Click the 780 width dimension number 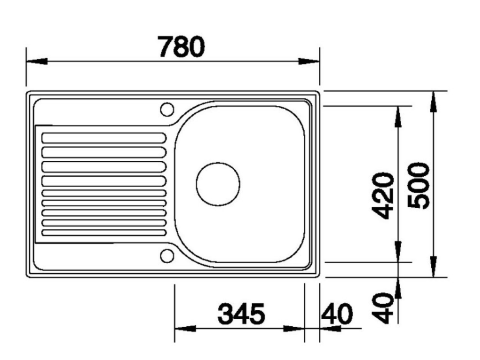point(181,47)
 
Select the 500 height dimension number point(419,186)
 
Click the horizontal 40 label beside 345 point(337,314)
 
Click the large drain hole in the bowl point(217,184)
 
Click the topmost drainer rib point(104,138)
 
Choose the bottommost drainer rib point(104,232)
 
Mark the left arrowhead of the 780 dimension point(37,61)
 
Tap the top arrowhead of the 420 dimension point(398,116)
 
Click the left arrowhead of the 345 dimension point(185,329)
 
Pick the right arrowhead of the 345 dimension point(294,329)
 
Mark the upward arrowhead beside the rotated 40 point(398,288)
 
